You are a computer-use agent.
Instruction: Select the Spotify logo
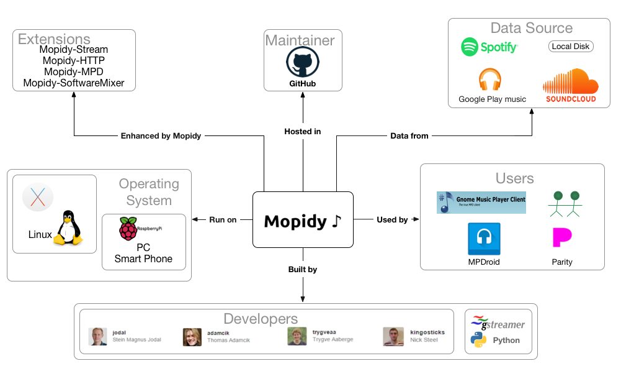pos(489,47)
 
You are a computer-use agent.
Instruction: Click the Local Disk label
pos(571,47)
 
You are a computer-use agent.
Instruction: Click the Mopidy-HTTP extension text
pos(73,61)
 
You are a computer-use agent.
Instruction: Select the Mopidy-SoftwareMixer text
pos(73,83)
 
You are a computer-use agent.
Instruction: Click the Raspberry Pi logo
pos(128,229)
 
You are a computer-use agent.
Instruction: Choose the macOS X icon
pos(38,198)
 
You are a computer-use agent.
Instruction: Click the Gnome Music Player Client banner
pos(481,203)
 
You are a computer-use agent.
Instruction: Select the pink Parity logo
pos(561,238)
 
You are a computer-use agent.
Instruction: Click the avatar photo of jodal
pos(97,336)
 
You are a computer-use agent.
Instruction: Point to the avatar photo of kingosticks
pos(392,336)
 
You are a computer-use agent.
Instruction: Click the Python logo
pos(478,340)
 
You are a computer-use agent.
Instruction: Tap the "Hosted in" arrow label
pos(303,132)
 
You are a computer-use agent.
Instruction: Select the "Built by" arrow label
pos(303,269)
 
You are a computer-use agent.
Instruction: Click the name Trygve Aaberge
pos(332,340)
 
